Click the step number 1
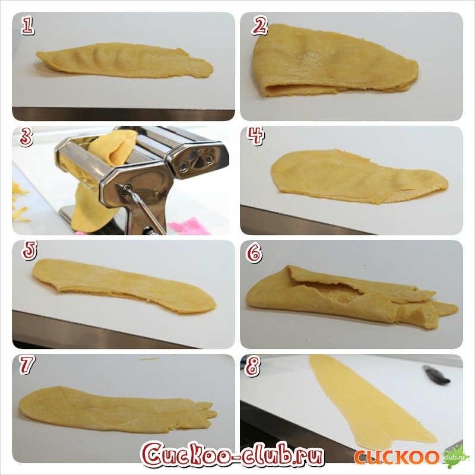[x=27, y=25]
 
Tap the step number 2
[x=259, y=26]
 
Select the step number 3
[x=26, y=137]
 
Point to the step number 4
[x=255, y=136]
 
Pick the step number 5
[x=29, y=250]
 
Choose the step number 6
[x=254, y=252]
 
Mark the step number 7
[x=27, y=365]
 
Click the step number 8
[x=253, y=366]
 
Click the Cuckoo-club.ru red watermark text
[x=232, y=454]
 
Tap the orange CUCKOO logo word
[x=397, y=457]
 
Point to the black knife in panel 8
[x=436, y=375]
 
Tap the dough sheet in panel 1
[x=125, y=61]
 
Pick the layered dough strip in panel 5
[x=124, y=286]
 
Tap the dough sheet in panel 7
[x=118, y=410]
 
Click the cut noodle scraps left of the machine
[x=20, y=200]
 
